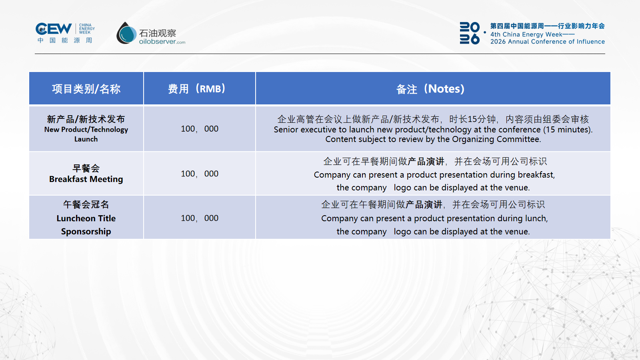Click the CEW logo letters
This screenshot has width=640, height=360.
[54, 29]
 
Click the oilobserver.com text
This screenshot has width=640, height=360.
[162, 42]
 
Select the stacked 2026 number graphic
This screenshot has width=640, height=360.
[470, 33]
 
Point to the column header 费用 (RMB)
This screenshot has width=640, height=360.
[196, 88]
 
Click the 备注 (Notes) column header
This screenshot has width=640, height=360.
[430, 89]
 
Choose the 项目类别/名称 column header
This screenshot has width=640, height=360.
[86, 89]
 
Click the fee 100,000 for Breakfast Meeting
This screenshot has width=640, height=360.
[200, 174]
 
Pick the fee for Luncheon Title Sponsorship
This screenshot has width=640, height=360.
[200, 218]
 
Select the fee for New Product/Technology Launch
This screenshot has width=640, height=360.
[200, 128]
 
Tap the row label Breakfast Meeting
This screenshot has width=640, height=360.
[86, 179]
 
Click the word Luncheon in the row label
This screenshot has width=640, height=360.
[72, 218]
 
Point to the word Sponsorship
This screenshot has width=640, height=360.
[86, 232]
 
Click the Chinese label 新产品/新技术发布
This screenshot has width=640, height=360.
[86, 119]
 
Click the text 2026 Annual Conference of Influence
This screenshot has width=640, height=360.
[548, 42]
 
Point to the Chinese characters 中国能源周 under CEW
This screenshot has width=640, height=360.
[65, 40]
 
